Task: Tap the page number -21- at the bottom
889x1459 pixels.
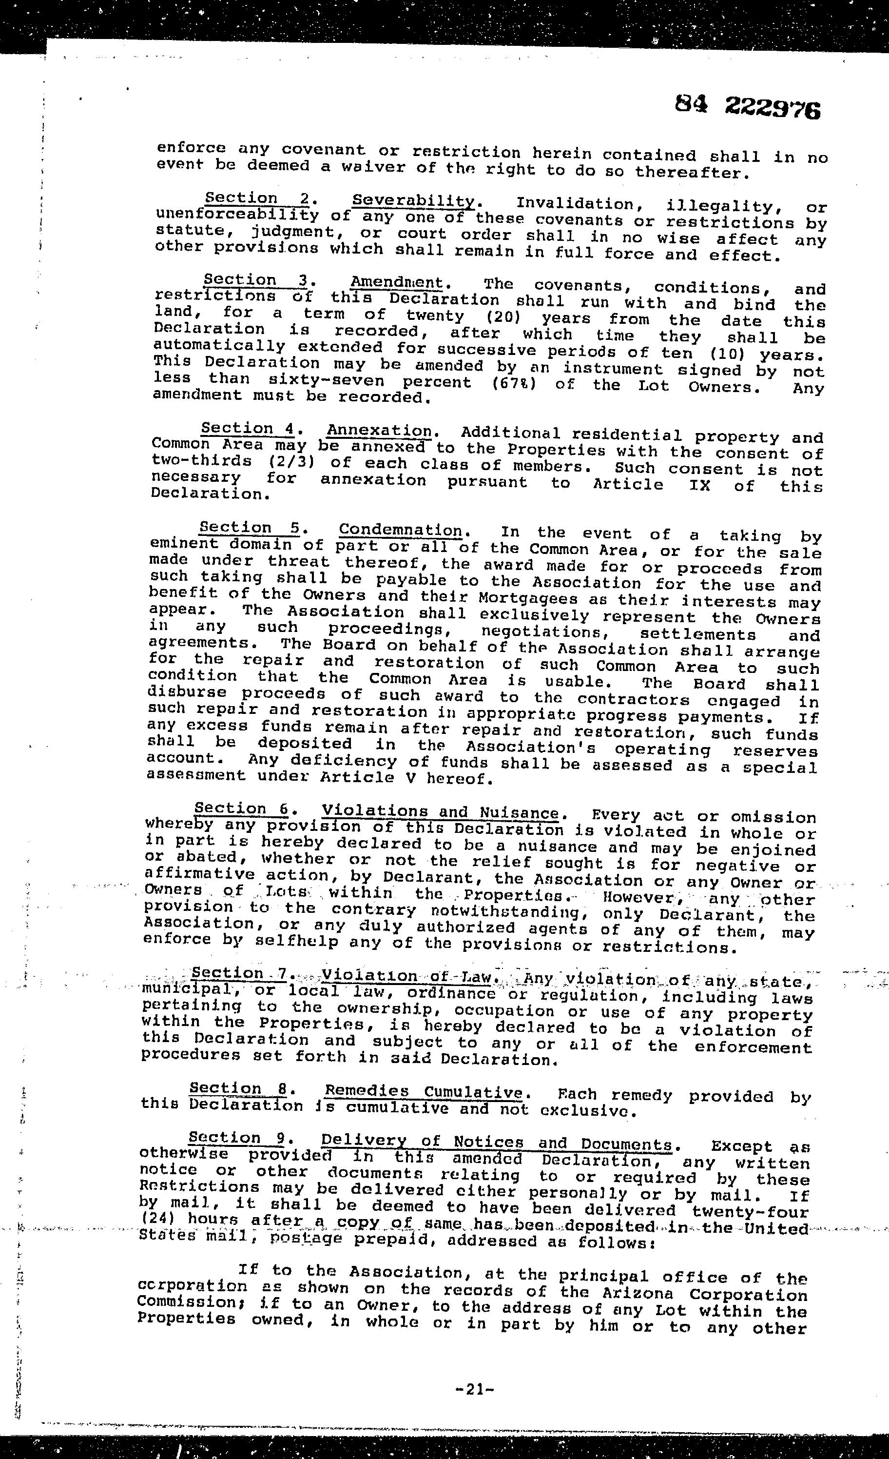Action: click(475, 1389)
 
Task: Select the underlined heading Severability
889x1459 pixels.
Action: click(413, 201)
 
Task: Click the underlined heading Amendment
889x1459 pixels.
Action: click(397, 282)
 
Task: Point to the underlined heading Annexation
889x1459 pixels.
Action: click(379, 431)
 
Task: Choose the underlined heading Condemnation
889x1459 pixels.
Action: click(401, 530)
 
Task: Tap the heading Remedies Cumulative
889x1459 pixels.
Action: click(424, 1091)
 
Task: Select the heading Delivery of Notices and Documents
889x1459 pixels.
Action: click(496, 1142)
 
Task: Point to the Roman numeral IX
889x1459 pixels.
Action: click(695, 485)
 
